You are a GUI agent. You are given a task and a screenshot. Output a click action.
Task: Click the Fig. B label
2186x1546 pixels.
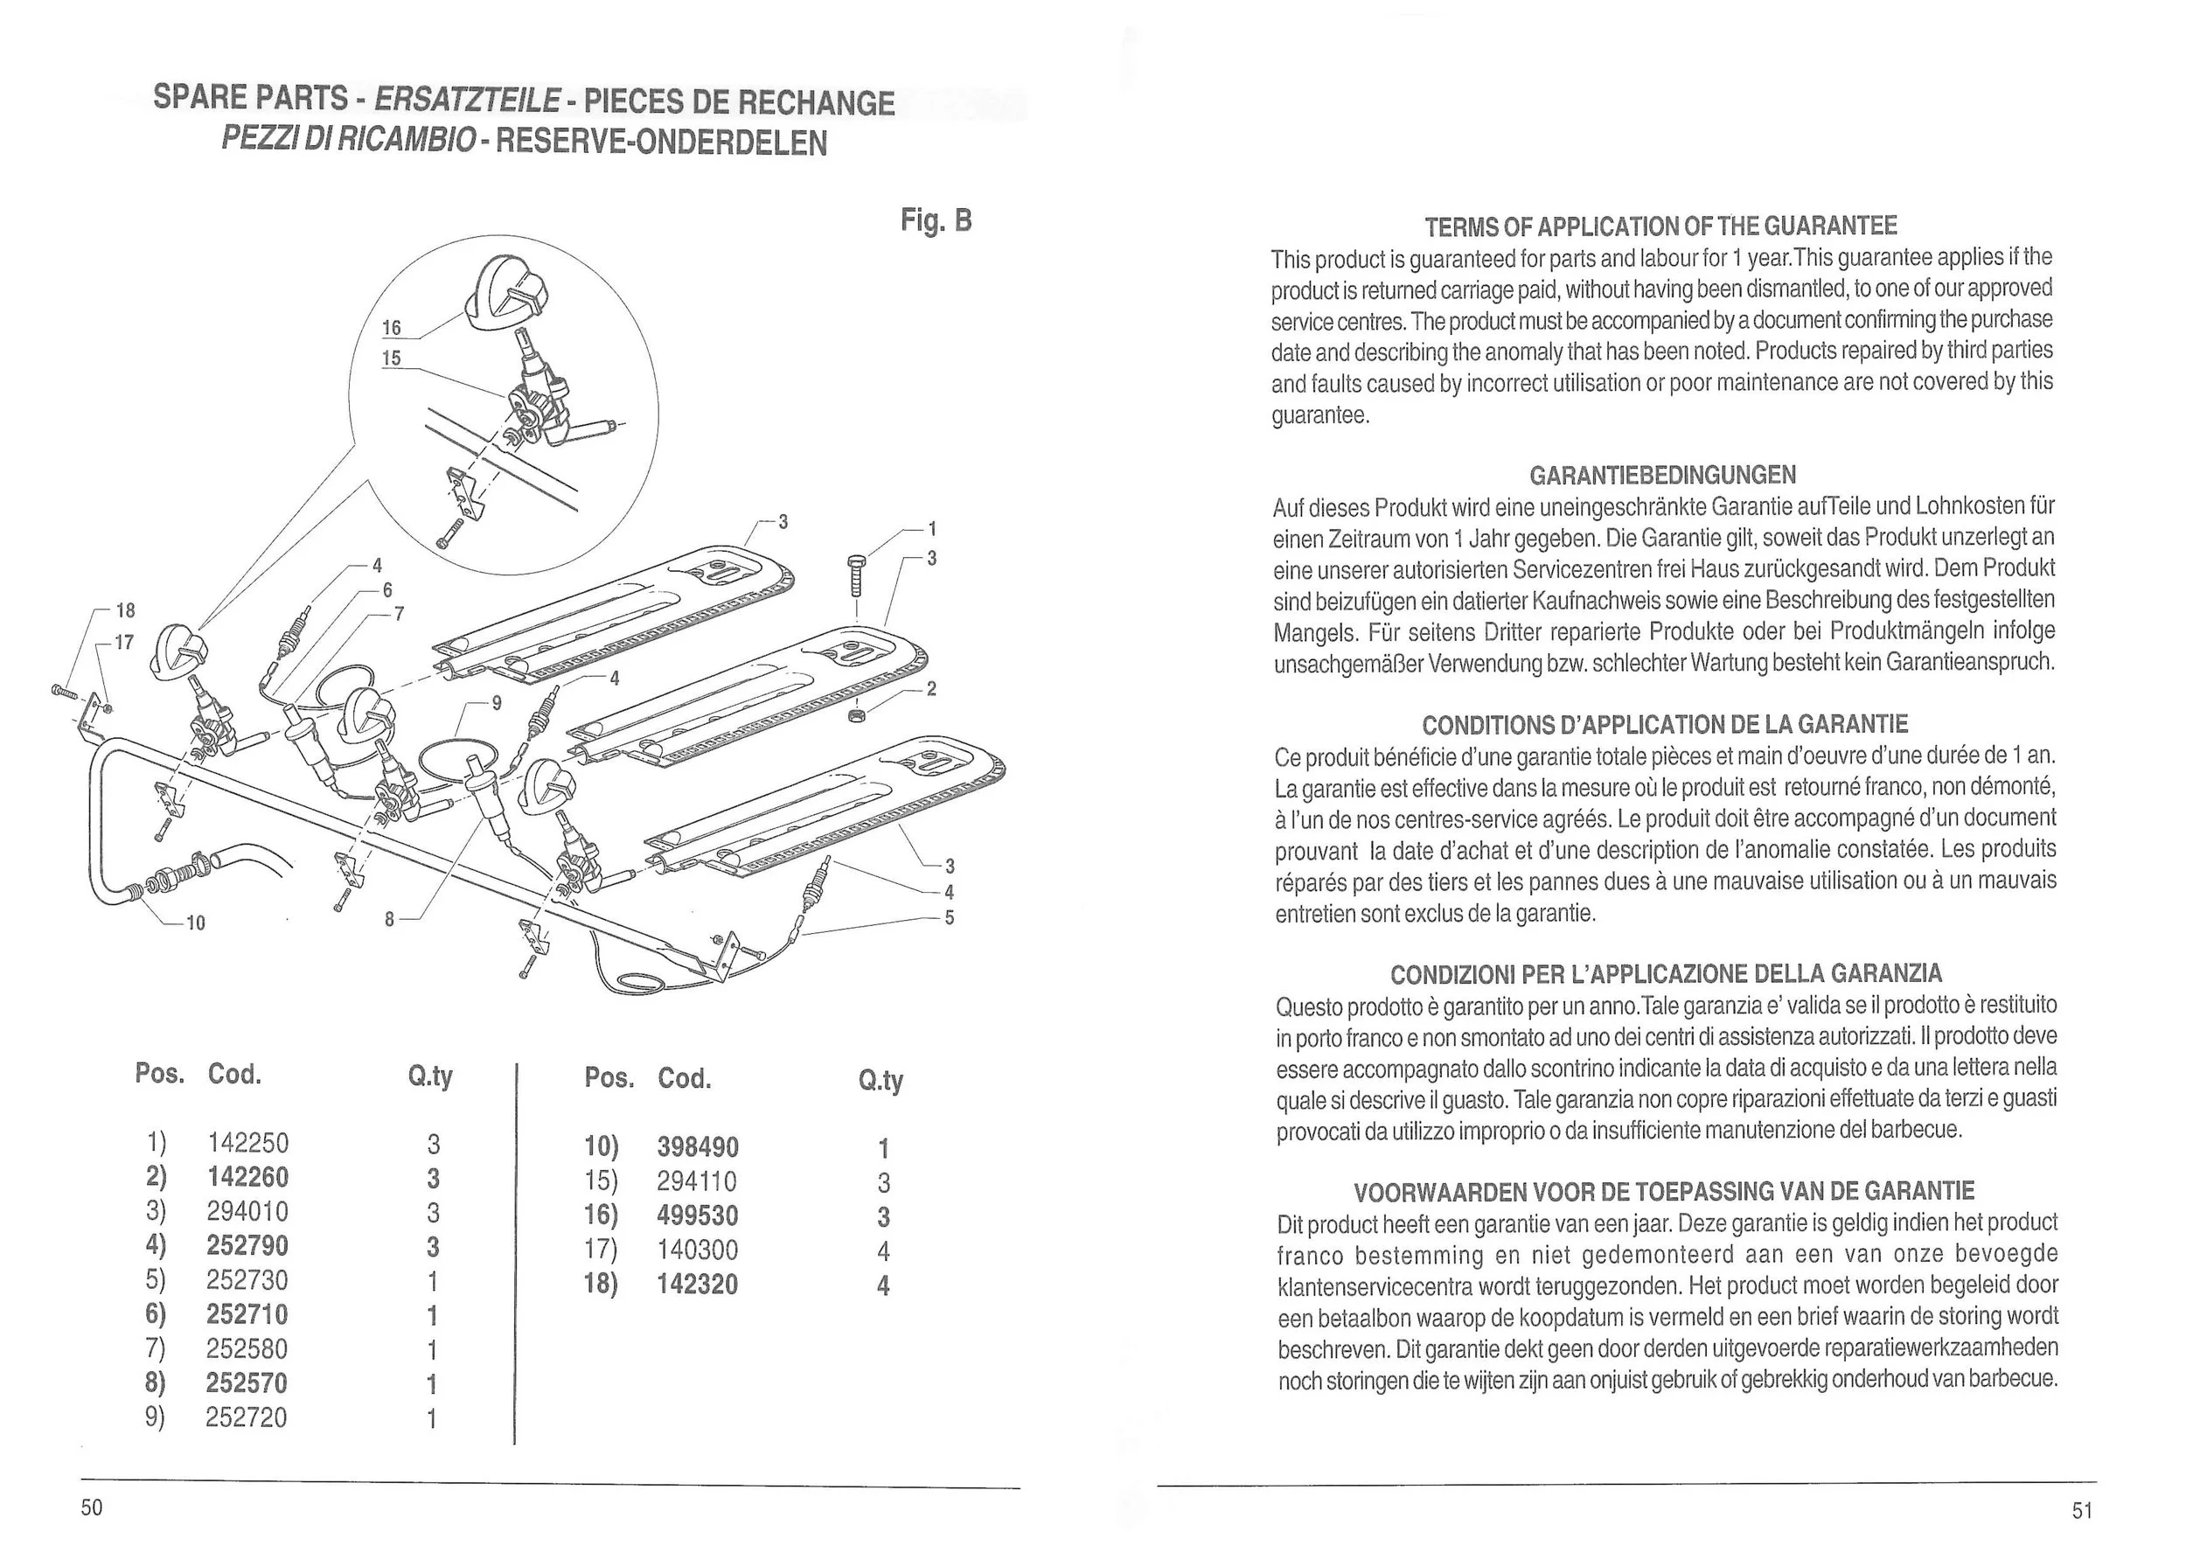click(936, 221)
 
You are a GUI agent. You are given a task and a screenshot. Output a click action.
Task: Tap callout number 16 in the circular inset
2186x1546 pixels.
click(392, 329)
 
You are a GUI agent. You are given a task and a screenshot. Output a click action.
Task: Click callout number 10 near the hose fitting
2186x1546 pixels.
click(195, 923)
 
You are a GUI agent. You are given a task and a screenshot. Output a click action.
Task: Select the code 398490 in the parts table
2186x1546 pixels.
click(697, 1148)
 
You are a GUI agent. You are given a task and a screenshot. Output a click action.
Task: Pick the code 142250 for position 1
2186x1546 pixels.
click(247, 1143)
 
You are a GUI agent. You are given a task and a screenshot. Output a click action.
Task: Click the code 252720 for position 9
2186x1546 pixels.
click(246, 1417)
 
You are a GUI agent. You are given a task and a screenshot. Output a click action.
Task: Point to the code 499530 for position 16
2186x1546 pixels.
click(697, 1216)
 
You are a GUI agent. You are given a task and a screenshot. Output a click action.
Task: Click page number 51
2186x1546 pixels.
click(2082, 1511)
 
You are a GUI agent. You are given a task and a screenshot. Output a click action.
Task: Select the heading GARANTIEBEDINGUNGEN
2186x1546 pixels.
click(1662, 475)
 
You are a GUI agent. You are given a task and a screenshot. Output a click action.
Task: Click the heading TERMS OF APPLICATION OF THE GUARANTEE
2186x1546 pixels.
click(1660, 226)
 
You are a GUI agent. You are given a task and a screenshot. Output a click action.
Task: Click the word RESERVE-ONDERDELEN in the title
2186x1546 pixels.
click(661, 143)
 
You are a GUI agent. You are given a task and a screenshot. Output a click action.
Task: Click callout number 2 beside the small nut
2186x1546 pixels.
click(931, 688)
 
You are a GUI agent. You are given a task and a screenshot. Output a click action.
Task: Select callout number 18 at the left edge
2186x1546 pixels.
click(126, 610)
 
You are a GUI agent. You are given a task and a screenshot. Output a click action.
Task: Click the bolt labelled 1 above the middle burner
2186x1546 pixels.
click(856, 576)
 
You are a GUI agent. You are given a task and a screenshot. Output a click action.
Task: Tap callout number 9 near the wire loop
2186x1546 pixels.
click(496, 704)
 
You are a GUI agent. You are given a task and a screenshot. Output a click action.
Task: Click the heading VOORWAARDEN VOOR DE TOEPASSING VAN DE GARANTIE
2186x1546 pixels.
click(1663, 1191)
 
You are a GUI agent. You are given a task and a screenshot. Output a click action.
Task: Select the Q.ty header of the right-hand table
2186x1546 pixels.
click(880, 1081)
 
